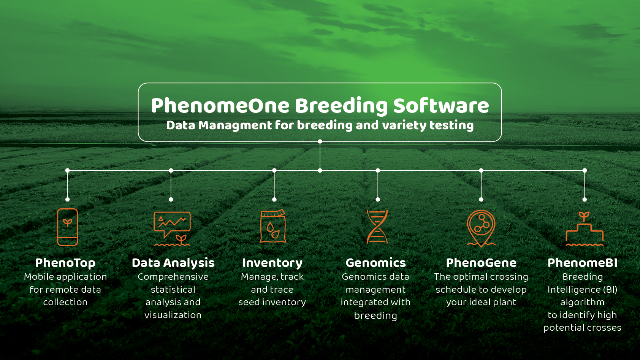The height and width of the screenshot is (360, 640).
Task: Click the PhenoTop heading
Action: (65, 263)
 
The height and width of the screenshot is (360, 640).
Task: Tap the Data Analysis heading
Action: (173, 263)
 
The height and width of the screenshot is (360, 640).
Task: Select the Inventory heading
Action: (272, 263)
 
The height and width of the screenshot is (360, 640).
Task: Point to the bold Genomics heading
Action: (375, 263)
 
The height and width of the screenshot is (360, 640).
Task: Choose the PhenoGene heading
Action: (481, 263)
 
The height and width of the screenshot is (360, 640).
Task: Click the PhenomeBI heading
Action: (582, 263)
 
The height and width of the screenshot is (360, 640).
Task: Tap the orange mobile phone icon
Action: (67, 227)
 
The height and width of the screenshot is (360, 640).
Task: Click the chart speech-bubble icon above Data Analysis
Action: (172, 228)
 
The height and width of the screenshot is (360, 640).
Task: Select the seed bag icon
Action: (273, 226)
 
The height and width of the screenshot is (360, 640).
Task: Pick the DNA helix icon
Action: (377, 227)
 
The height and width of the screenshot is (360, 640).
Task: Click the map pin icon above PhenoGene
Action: (481, 228)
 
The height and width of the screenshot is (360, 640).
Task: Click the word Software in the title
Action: (441, 106)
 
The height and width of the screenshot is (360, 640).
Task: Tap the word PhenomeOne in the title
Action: (220, 106)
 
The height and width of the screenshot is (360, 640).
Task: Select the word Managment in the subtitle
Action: (235, 125)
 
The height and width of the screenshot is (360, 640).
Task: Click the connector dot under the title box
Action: (320, 141)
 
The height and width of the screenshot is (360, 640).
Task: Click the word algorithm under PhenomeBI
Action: (582, 302)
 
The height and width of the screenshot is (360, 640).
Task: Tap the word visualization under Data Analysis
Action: (173, 315)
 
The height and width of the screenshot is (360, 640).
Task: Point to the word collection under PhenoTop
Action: (65, 302)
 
